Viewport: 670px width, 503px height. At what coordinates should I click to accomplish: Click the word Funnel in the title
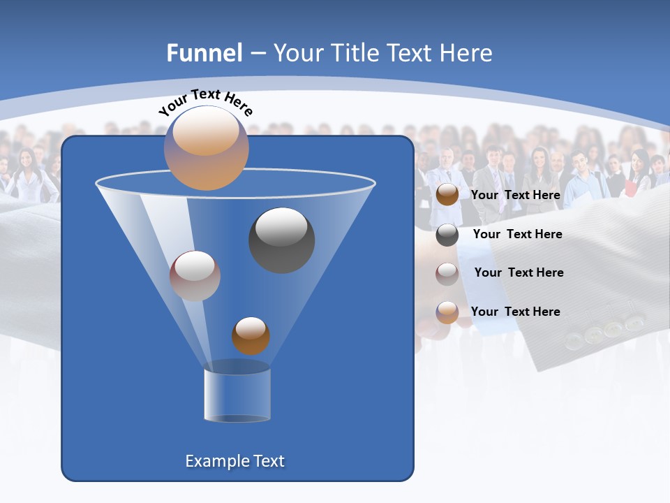pyautogui.click(x=204, y=53)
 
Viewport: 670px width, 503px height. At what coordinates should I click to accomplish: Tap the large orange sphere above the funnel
pyautogui.click(x=207, y=148)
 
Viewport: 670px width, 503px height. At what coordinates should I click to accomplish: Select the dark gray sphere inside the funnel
pyautogui.click(x=281, y=240)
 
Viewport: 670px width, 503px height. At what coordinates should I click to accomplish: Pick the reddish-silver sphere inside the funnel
pyautogui.click(x=195, y=276)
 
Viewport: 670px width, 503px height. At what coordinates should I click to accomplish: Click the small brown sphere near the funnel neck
pyautogui.click(x=251, y=335)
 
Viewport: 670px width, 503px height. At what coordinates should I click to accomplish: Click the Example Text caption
pyautogui.click(x=234, y=461)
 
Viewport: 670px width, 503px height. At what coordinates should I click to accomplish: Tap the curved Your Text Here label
pyautogui.click(x=205, y=103)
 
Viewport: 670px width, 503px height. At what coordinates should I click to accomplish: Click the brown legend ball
pyautogui.click(x=447, y=195)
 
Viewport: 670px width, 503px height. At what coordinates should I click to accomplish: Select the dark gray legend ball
pyautogui.click(x=447, y=235)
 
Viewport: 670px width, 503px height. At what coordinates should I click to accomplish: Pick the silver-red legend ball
pyautogui.click(x=447, y=273)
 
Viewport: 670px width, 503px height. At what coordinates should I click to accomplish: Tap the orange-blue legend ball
pyautogui.click(x=447, y=312)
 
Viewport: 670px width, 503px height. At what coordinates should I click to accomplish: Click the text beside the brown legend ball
pyautogui.click(x=515, y=195)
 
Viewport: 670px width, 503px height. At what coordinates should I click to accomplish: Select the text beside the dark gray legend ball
pyautogui.click(x=517, y=234)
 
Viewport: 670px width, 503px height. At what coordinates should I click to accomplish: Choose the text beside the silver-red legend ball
pyautogui.click(x=519, y=272)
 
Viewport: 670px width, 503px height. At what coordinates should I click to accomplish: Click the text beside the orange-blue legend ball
pyautogui.click(x=515, y=312)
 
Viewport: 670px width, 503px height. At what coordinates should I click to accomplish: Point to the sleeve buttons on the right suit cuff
pyautogui.click(x=604, y=331)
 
